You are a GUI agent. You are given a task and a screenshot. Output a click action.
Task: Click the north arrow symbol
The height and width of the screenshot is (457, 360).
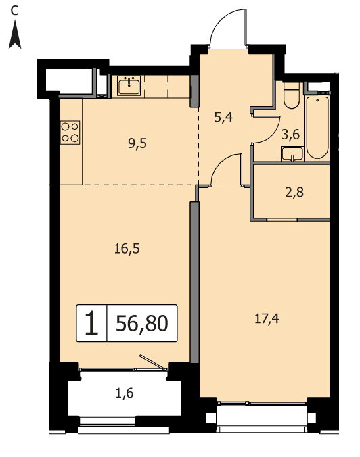click(15, 36)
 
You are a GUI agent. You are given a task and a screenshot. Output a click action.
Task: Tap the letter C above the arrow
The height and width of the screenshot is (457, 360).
click(14, 11)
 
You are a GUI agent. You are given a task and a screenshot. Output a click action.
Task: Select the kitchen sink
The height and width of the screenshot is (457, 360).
click(129, 85)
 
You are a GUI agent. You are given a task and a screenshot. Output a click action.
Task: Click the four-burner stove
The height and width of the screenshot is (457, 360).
click(70, 133)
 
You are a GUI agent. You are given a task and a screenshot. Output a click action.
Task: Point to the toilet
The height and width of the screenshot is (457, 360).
click(292, 95)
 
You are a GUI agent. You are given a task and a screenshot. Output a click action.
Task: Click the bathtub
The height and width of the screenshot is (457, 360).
click(317, 127)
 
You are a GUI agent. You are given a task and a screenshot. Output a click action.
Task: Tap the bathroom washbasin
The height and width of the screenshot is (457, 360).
click(292, 154)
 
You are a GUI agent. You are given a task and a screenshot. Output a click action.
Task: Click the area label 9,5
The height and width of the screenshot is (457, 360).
click(137, 143)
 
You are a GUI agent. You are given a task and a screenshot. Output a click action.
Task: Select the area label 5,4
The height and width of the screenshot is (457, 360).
click(223, 118)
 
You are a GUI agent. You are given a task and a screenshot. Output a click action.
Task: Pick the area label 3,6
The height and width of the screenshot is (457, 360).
click(290, 135)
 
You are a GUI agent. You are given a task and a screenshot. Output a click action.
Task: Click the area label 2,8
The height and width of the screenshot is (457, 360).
click(294, 193)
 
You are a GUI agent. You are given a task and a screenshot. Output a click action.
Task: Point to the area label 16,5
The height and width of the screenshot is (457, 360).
click(127, 249)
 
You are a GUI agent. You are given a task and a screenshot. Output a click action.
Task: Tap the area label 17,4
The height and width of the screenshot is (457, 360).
click(267, 319)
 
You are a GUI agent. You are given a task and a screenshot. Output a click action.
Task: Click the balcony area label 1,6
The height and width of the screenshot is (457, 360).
click(125, 393)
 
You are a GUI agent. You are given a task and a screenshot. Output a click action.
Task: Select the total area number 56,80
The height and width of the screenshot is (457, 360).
click(142, 323)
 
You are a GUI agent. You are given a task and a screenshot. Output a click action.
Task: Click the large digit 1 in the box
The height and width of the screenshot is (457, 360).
click(91, 323)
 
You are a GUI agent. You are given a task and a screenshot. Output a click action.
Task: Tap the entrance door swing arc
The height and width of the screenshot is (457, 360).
click(222, 19)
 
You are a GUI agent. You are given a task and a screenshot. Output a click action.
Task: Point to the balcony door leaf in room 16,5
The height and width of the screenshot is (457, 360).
click(151, 362)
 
